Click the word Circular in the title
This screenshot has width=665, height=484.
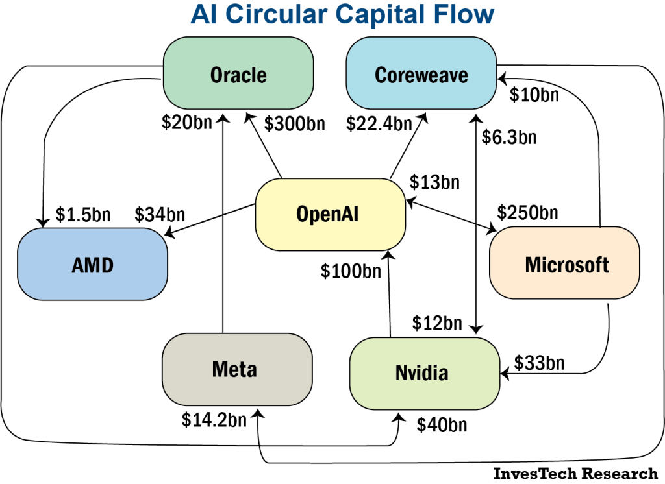pyautogui.click(x=273, y=14)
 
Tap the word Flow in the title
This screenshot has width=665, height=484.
pyautogui.click(x=462, y=14)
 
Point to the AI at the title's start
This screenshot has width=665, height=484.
pyautogui.click(x=203, y=14)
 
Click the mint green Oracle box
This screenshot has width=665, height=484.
pyautogui.click(x=238, y=73)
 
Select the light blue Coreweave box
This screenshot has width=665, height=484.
pyautogui.click(x=421, y=73)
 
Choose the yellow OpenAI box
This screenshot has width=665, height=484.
pyautogui.click(x=330, y=214)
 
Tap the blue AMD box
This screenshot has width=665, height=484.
pyautogui.click(x=92, y=263)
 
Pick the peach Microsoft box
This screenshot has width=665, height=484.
pyautogui.click(x=564, y=263)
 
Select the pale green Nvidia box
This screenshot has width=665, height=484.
pyautogui.click(x=424, y=373)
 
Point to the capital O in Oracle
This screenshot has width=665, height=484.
pyautogui.click(x=217, y=75)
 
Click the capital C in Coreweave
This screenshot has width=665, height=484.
pyautogui.click(x=381, y=75)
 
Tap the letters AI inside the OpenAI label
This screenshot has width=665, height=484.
pyautogui.click(x=349, y=214)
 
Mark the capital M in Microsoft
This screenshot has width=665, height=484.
pyautogui.click(x=533, y=265)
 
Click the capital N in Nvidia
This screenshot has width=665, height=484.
pyautogui.click(x=401, y=373)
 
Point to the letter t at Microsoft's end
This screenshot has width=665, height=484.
pyautogui.click(x=605, y=265)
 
